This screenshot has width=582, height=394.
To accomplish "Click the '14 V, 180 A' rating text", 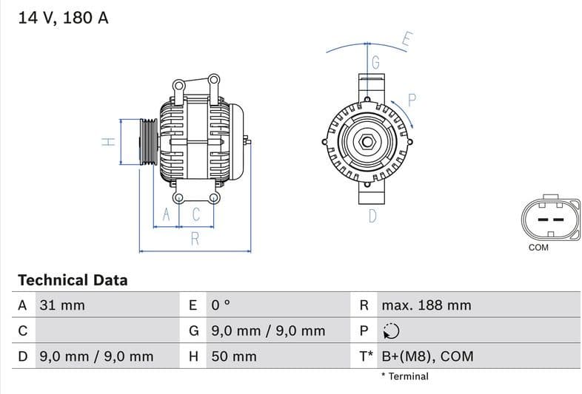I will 63,18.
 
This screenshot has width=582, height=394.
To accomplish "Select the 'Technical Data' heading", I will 73,280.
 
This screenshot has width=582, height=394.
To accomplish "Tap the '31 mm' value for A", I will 61,305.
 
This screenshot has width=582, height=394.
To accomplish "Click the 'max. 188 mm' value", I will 426,305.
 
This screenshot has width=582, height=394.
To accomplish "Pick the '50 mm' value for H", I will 234,356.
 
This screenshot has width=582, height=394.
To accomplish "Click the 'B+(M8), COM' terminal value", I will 427,356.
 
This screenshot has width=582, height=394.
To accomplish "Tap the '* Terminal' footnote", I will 404,376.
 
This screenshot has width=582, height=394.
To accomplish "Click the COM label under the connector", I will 538,248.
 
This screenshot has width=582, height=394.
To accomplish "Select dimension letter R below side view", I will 195,238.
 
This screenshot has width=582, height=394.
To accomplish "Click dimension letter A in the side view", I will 167,215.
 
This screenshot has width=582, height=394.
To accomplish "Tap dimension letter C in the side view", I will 196,215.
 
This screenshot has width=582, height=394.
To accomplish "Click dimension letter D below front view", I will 372,216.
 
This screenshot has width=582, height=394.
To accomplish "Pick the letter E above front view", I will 407,40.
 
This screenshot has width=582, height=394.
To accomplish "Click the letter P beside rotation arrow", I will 412,100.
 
